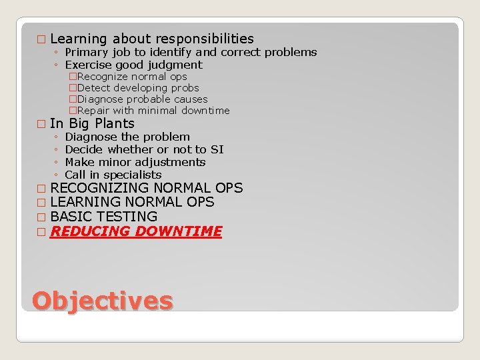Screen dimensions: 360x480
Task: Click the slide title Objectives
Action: point(102,301)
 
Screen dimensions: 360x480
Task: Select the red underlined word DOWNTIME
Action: point(178,231)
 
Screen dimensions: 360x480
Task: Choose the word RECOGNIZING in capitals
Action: point(97,188)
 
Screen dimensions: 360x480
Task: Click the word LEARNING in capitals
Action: point(86,202)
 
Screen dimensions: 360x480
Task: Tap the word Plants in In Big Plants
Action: point(115,123)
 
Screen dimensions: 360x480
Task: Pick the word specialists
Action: point(133,175)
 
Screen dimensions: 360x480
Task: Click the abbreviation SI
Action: point(217,149)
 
